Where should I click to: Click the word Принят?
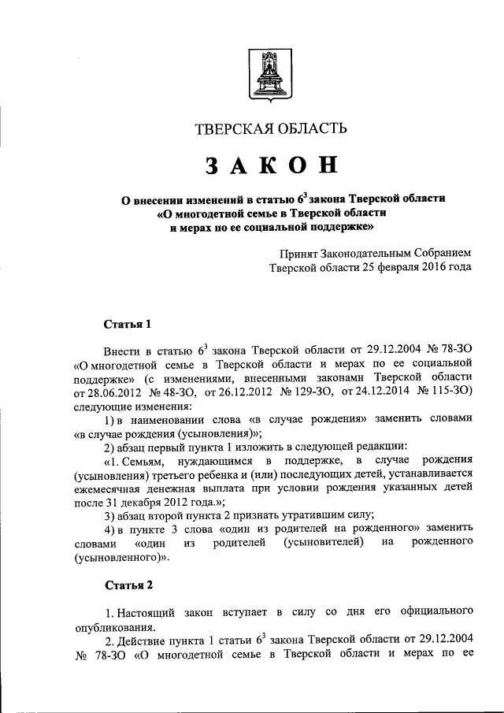coord(300,254)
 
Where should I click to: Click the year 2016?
coord(432,268)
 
